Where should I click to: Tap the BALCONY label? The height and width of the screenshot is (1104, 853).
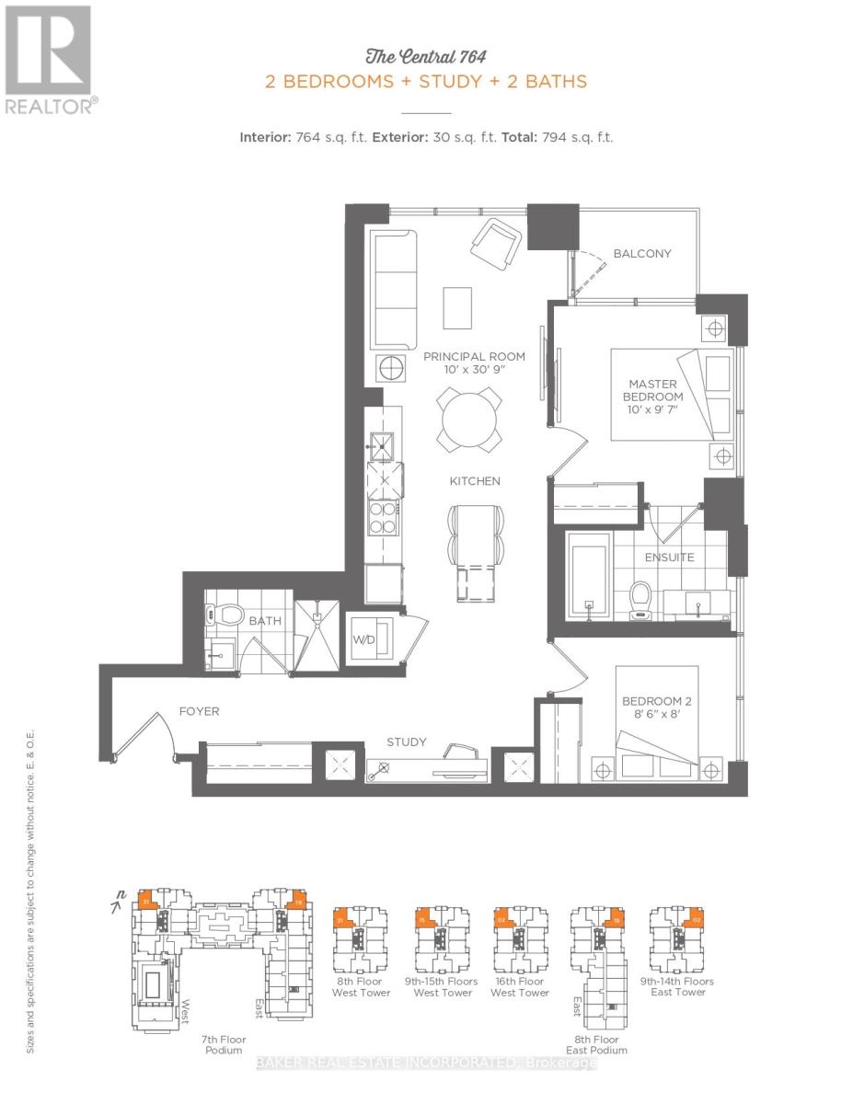[x=642, y=254]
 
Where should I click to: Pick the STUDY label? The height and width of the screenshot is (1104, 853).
[x=407, y=742]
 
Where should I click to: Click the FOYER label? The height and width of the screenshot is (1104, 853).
[x=200, y=711]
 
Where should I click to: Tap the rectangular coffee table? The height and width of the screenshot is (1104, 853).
[x=457, y=307]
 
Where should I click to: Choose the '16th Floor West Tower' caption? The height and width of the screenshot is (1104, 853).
[x=520, y=986]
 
